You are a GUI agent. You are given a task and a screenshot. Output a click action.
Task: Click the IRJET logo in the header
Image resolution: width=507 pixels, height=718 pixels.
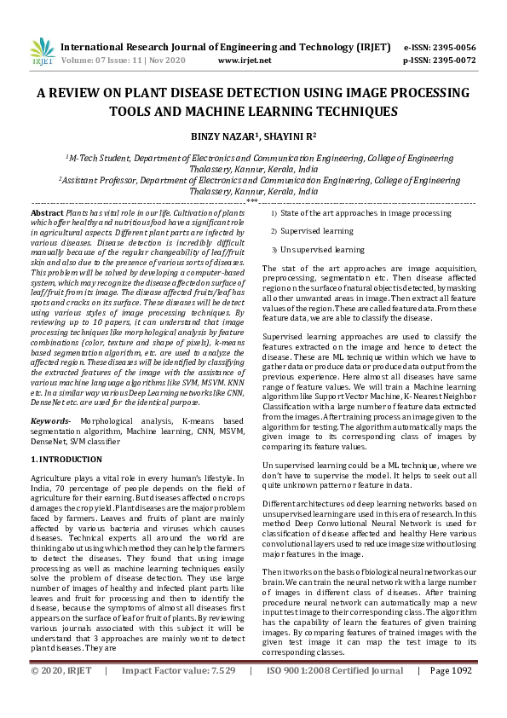[42, 52]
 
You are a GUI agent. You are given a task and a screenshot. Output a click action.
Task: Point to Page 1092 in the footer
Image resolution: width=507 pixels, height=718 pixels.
[451, 695]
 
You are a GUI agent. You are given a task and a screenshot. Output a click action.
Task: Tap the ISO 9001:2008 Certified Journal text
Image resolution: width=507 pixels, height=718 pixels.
[334, 695]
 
